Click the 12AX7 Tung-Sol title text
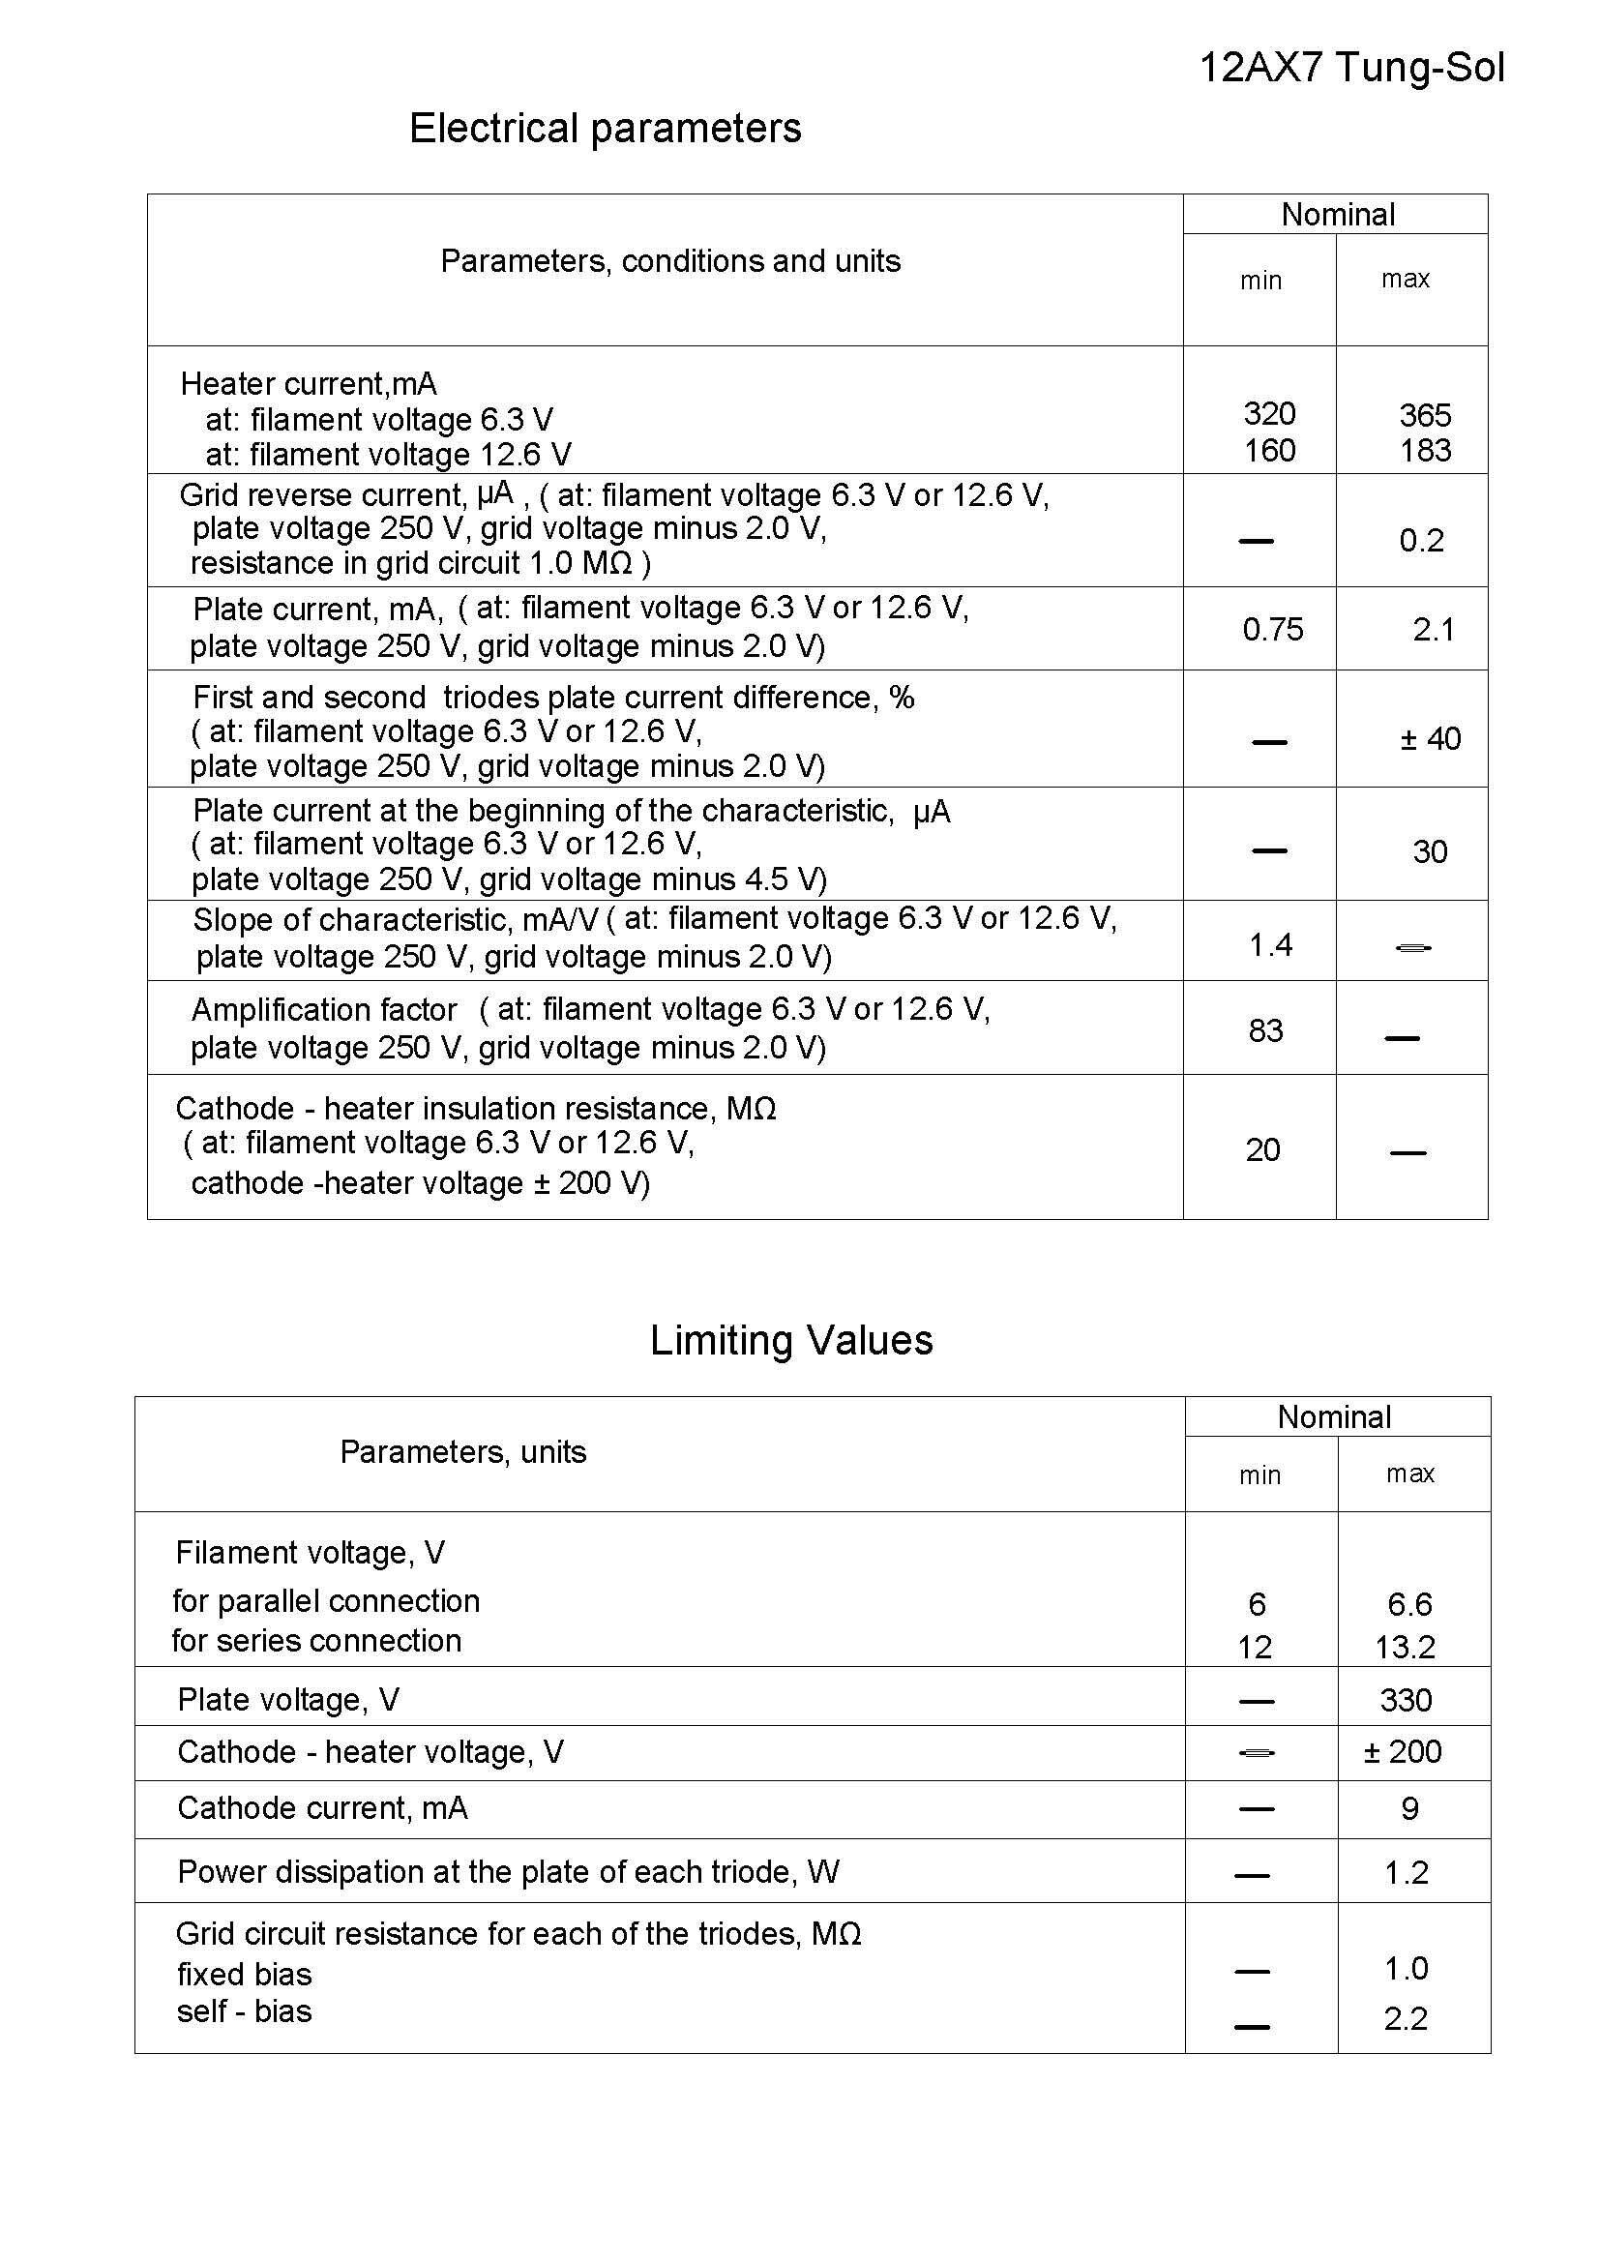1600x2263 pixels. tap(1351, 68)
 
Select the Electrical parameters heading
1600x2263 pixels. tap(605, 128)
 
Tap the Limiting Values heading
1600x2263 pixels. tap(791, 1340)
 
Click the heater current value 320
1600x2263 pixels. tap(1269, 413)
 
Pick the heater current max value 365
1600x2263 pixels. tap(1425, 415)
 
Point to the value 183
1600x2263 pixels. tap(1425, 451)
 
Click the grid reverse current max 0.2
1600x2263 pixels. tap(1421, 540)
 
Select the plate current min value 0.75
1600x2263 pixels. tap(1272, 629)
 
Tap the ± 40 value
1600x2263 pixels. tap(1430, 738)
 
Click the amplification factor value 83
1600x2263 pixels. tap(1265, 1031)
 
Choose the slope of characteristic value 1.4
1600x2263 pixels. tap(1270, 945)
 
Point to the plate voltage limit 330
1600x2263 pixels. tap(1405, 1700)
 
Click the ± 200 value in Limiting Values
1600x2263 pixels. tap(1402, 1751)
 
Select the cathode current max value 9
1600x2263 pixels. tap(1408, 1808)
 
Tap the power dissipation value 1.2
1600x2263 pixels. tap(1406, 1873)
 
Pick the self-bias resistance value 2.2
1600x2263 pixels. tap(1405, 2018)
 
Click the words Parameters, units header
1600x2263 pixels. tap(463, 1452)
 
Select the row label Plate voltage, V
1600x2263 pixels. tap(287, 1699)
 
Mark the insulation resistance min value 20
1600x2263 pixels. tap(1262, 1149)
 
